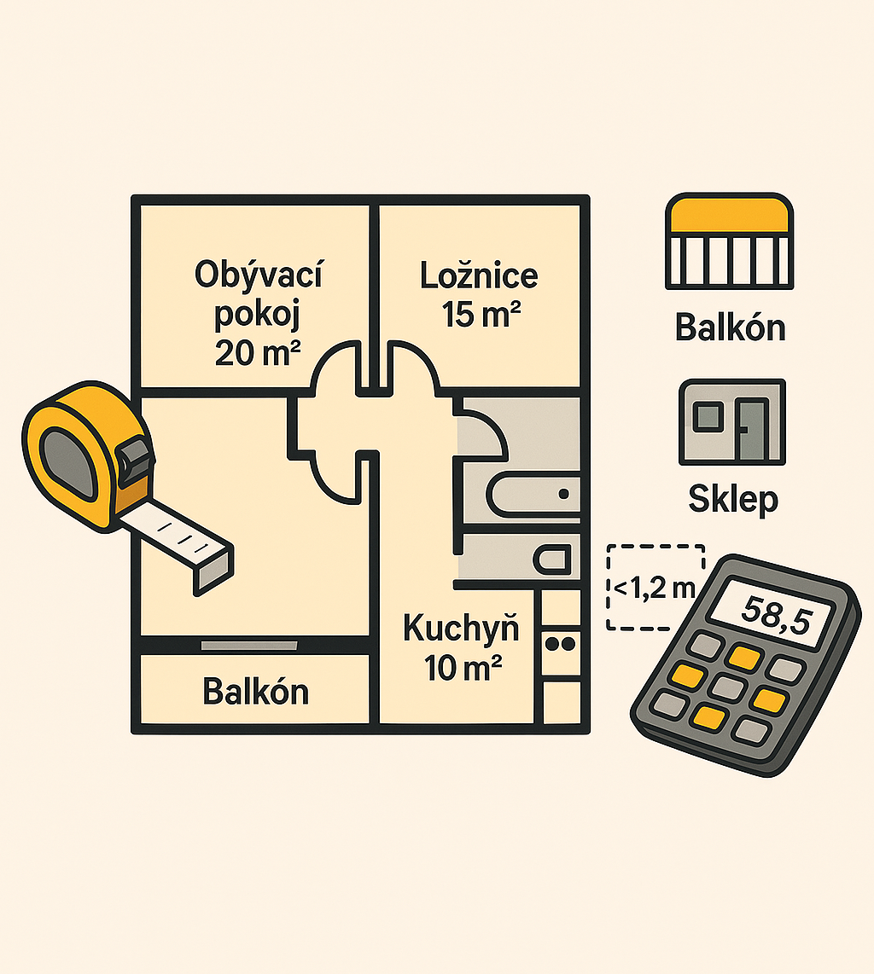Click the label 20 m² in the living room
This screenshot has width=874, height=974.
257,352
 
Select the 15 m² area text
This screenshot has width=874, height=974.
481,315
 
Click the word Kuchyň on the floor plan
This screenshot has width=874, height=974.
461,629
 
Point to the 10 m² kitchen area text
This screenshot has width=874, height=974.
463,668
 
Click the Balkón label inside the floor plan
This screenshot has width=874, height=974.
255,692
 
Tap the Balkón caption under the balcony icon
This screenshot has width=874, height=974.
730,328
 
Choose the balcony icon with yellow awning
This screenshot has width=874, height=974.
730,241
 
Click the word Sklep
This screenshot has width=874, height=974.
732,499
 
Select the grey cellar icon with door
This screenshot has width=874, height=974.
731,422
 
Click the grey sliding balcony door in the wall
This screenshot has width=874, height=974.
249,646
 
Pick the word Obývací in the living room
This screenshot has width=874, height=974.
258,275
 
